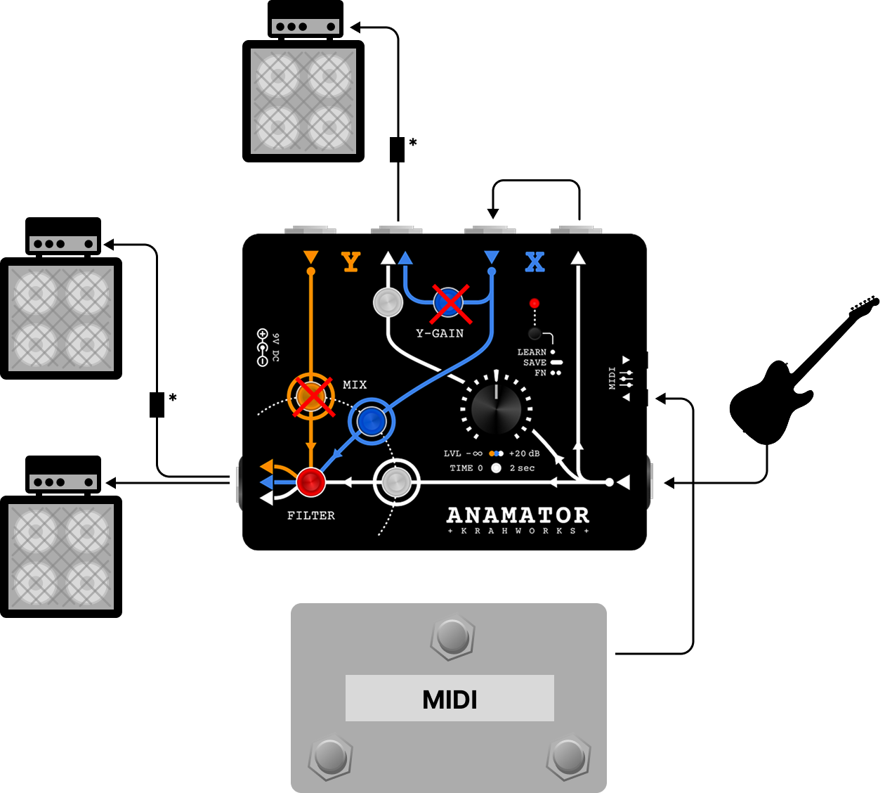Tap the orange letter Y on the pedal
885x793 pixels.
pyautogui.click(x=350, y=262)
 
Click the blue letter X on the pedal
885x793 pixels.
pyautogui.click(x=535, y=262)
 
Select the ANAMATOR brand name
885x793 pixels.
pyautogui.click(x=518, y=515)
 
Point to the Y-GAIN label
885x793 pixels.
pyautogui.click(x=440, y=333)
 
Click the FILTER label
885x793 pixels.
pyautogui.click(x=311, y=516)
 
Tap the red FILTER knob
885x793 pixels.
pyautogui.click(x=311, y=482)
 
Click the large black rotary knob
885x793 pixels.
pyautogui.click(x=496, y=409)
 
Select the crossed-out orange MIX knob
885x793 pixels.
pyautogui.click(x=311, y=396)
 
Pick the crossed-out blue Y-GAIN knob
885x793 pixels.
pyautogui.click(x=449, y=302)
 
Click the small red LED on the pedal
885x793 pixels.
pyautogui.click(x=535, y=304)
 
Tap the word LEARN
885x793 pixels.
pyautogui.click(x=532, y=352)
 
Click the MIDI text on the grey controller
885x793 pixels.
pyautogui.click(x=450, y=700)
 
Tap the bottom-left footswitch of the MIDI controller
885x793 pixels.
pyautogui.click(x=331, y=756)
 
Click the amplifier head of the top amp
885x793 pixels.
pyautogui.click(x=306, y=18)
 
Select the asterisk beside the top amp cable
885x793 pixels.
pyautogui.click(x=413, y=143)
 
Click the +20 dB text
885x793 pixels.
pyautogui.click(x=524, y=453)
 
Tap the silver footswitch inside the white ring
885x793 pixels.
pyautogui.click(x=397, y=482)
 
